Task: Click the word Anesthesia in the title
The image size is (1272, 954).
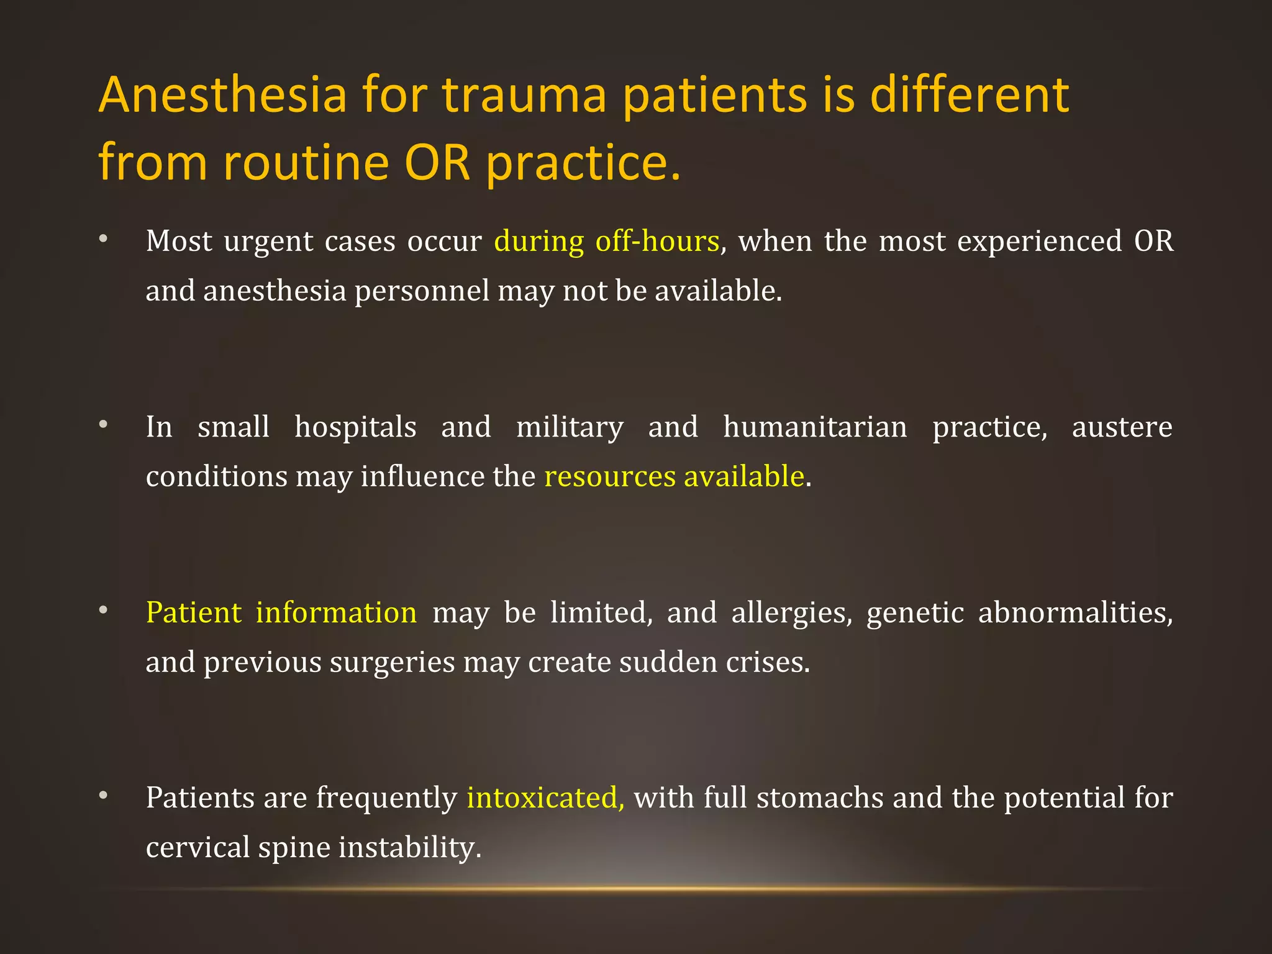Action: (x=222, y=95)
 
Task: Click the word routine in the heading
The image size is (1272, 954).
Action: (x=306, y=163)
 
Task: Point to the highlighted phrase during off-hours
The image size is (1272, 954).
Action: (x=606, y=241)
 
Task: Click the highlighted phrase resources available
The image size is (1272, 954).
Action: (x=674, y=476)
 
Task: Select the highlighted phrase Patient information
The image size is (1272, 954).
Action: (x=281, y=612)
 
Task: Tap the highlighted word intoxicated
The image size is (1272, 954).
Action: (x=545, y=797)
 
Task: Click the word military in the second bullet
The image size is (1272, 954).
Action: (x=570, y=427)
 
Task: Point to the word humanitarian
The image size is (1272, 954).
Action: (x=815, y=427)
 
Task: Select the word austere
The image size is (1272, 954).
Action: (x=1122, y=427)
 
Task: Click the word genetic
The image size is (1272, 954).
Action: (x=915, y=612)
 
